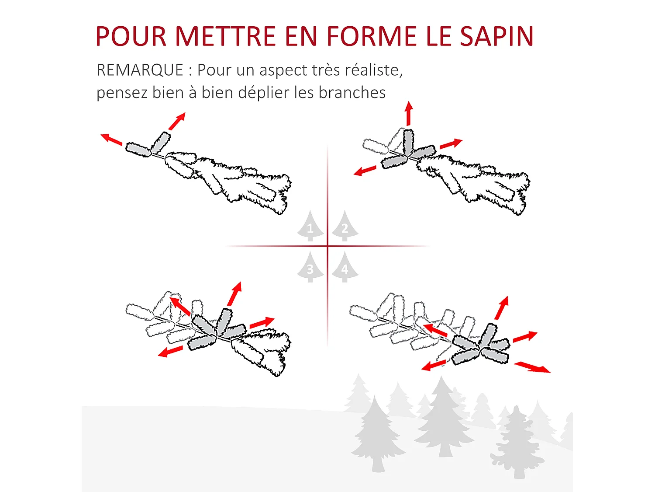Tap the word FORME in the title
372,36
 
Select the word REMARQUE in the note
140,70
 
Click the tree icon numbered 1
310,227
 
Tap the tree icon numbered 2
345,227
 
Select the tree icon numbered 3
310,268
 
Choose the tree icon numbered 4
345,268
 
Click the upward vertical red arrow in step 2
409,114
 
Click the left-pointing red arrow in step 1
111,139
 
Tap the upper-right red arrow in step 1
177,121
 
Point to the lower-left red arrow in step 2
365,171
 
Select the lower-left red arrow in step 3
170,351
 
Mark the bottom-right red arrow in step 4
532,367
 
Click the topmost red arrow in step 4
502,308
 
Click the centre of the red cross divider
327,246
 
